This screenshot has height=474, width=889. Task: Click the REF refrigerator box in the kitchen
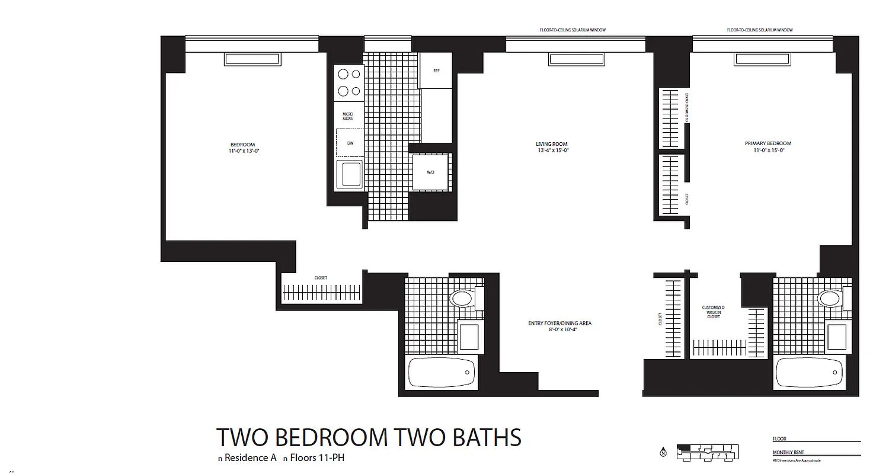[436, 71]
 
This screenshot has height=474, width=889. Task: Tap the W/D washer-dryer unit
[430, 172]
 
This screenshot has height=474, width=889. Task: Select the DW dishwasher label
[350, 143]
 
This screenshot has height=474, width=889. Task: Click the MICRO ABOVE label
[348, 116]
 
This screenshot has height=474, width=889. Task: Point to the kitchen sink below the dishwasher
[349, 174]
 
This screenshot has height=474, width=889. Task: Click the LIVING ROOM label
[551, 144]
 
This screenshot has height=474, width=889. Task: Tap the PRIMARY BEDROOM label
[768, 143]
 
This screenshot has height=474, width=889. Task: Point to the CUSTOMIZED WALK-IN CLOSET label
[713, 312]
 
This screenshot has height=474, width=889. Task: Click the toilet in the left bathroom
[462, 298]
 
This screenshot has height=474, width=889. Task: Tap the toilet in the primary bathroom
[830, 298]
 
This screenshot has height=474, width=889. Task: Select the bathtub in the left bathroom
[442, 373]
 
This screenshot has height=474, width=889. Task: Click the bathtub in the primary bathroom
[809, 373]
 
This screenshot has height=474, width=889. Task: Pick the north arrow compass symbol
[663, 452]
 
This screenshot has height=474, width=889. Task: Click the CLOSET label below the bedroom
[320, 278]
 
